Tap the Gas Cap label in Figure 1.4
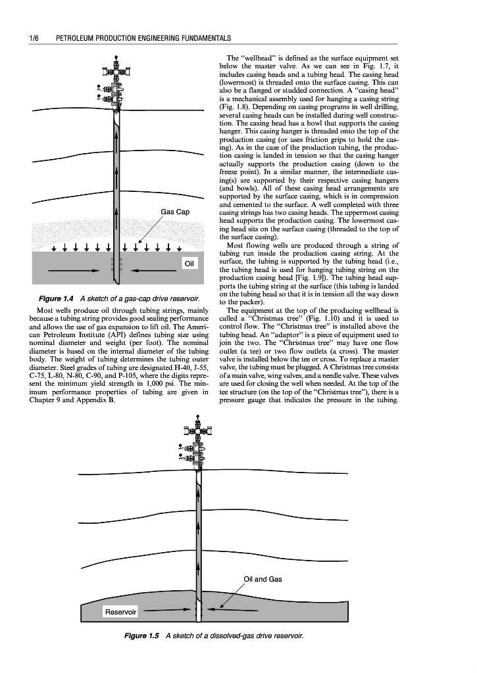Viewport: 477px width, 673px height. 175,212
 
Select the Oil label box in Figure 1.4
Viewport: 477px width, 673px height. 189,263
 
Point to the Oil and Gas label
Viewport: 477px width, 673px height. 263,579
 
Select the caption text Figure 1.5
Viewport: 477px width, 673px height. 143,636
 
